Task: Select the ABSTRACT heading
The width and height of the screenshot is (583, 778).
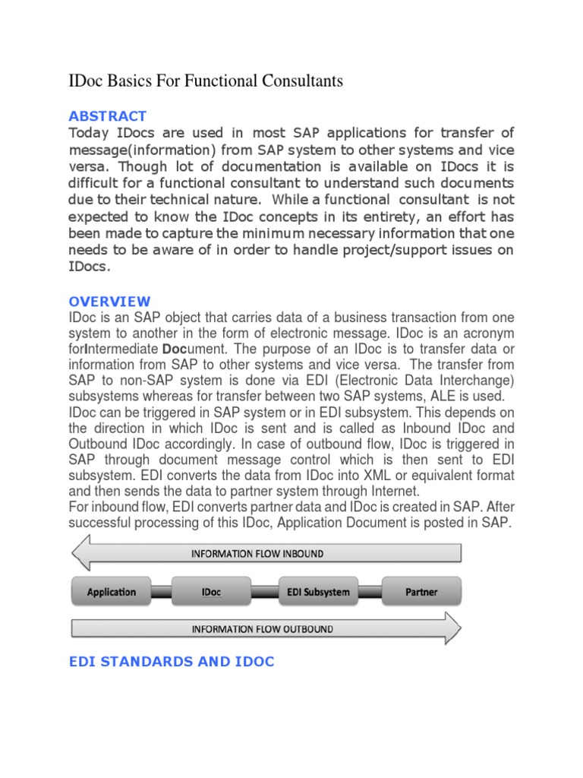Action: coord(107,116)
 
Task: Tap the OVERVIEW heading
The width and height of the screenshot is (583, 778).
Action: coord(109,302)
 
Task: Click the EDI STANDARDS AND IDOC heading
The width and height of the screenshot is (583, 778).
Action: coord(172,662)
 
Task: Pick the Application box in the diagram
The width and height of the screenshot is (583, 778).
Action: coord(112,591)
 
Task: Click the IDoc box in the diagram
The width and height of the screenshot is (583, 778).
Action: coord(212,591)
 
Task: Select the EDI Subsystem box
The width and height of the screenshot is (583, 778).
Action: coord(315,591)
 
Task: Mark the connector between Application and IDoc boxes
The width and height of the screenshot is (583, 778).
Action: coord(162,591)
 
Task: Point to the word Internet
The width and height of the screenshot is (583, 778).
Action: coord(392,491)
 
